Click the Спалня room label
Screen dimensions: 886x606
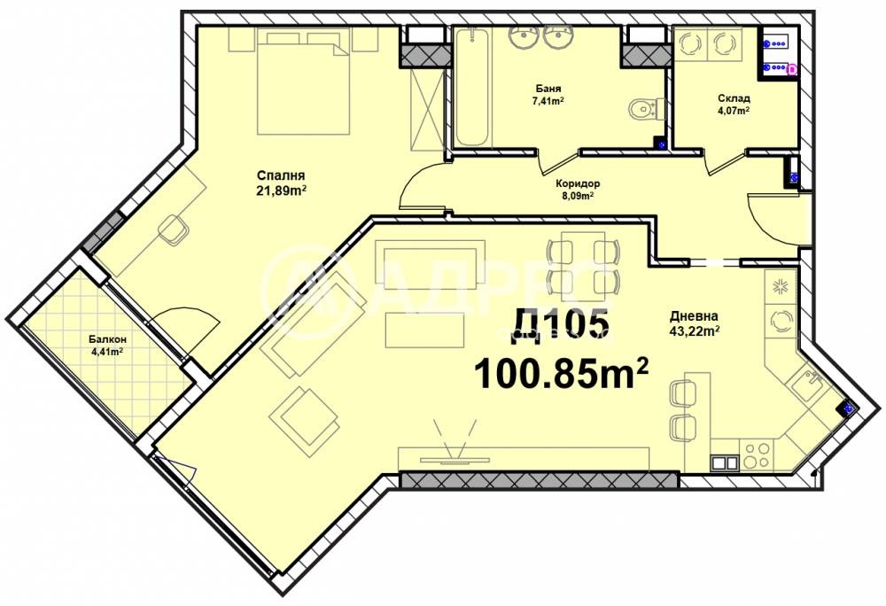tap(281, 175)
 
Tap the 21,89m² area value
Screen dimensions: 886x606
tap(282, 190)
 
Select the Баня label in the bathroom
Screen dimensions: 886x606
tap(548, 89)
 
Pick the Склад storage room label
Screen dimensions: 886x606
tap(734, 99)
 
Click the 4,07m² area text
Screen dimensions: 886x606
tap(734, 111)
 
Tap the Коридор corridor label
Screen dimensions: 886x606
tap(578, 183)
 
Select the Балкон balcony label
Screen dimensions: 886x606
tap(107, 339)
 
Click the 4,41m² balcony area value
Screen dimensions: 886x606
tap(107, 352)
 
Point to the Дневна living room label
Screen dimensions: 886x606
tap(694, 316)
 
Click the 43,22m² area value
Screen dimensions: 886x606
tap(694, 331)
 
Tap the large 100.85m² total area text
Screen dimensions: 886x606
tap(561, 373)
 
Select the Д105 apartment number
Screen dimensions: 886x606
tap(562, 326)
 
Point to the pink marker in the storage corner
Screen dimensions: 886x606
tap(791, 69)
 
